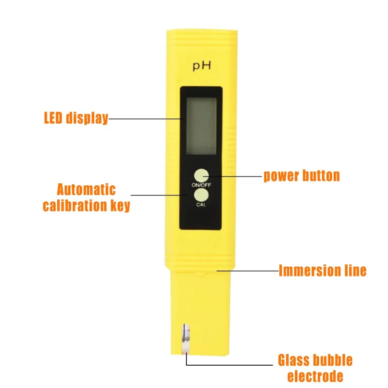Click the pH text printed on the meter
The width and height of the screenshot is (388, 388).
(x=202, y=66)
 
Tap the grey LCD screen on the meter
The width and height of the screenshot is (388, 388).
(x=201, y=126)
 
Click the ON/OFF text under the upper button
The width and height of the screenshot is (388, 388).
(x=201, y=185)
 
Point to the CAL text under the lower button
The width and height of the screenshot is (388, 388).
(x=201, y=205)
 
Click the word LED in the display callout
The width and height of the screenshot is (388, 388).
(x=53, y=118)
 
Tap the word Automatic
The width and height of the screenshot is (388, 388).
(x=86, y=190)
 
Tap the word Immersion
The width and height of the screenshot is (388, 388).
(x=310, y=271)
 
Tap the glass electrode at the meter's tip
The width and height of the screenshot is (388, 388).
(x=186, y=339)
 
